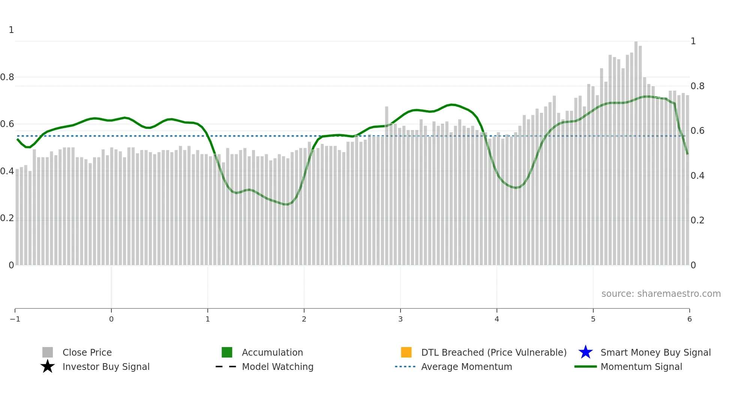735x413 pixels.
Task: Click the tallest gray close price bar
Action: tap(636, 150)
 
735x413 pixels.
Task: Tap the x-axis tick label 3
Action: tap(400, 319)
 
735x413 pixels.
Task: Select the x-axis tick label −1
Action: tap(15, 319)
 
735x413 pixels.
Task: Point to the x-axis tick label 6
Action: tap(689, 319)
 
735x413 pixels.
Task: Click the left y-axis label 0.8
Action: tap(7, 77)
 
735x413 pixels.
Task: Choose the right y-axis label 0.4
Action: tap(697, 176)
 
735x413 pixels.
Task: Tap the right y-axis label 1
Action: tap(693, 41)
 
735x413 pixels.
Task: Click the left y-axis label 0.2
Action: tap(7, 218)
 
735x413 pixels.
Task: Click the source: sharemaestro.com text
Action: tap(661, 294)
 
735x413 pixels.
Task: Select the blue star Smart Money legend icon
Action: tap(585, 352)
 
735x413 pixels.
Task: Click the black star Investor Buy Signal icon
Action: tap(48, 367)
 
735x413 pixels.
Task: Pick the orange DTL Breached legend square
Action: tap(406, 352)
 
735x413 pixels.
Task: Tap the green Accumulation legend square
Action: tap(227, 352)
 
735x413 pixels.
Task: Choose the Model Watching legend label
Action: tap(277, 367)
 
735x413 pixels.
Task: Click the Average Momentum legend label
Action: tap(466, 367)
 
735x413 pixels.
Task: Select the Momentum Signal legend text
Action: tap(641, 367)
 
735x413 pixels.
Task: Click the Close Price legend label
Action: tap(87, 352)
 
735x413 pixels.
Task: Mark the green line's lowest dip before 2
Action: tap(286, 205)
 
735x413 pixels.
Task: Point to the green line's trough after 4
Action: tap(516, 188)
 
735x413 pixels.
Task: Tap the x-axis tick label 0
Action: tap(111, 319)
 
